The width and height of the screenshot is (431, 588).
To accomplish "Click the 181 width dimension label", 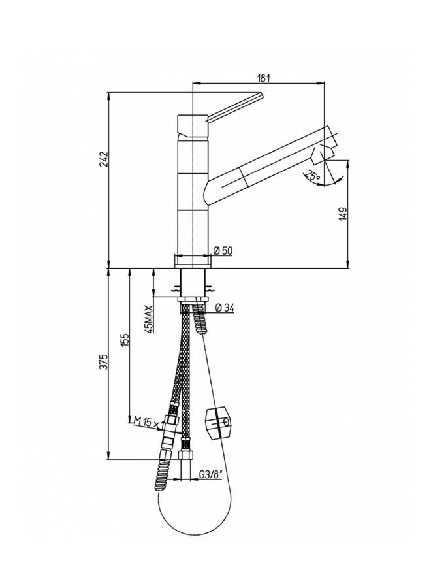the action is tap(263, 78).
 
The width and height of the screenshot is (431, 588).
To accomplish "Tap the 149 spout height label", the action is tap(343, 214).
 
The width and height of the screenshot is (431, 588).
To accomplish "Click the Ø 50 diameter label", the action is tap(223, 250).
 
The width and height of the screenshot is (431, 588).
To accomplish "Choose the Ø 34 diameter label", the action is tap(225, 308).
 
